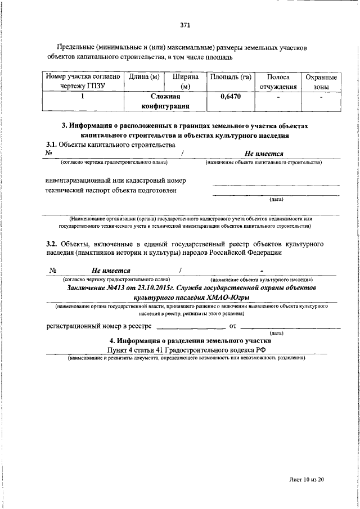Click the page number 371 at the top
(x=185, y=25)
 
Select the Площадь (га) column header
(x=229, y=76)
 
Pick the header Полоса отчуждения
(x=277, y=82)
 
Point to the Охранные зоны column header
(x=321, y=82)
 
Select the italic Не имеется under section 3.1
(x=263, y=154)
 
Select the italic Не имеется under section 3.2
(x=111, y=271)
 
